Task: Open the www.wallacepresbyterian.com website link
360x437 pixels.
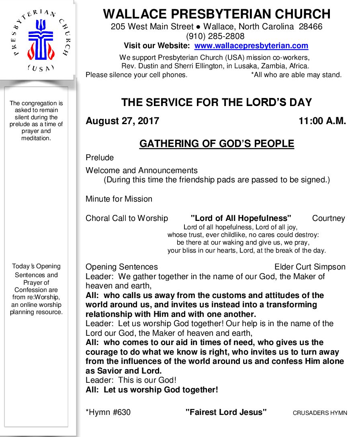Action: (251, 46)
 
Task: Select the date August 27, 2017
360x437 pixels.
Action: (122, 121)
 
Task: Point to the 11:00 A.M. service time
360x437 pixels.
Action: (322, 121)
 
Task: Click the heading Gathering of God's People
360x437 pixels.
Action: (217, 144)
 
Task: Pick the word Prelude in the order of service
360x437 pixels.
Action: (100, 157)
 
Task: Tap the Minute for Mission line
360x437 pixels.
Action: (119, 199)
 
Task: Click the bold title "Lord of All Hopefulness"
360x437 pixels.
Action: (241, 218)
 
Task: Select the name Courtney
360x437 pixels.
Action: (328, 218)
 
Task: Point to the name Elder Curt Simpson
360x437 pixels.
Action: (310, 267)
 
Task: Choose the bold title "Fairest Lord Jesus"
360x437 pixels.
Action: (226, 412)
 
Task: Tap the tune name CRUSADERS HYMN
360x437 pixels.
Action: (319, 413)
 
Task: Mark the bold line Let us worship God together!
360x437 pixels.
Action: (161, 390)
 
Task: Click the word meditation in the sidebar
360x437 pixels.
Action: (36, 138)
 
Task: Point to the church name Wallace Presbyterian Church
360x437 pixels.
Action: (217, 14)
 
